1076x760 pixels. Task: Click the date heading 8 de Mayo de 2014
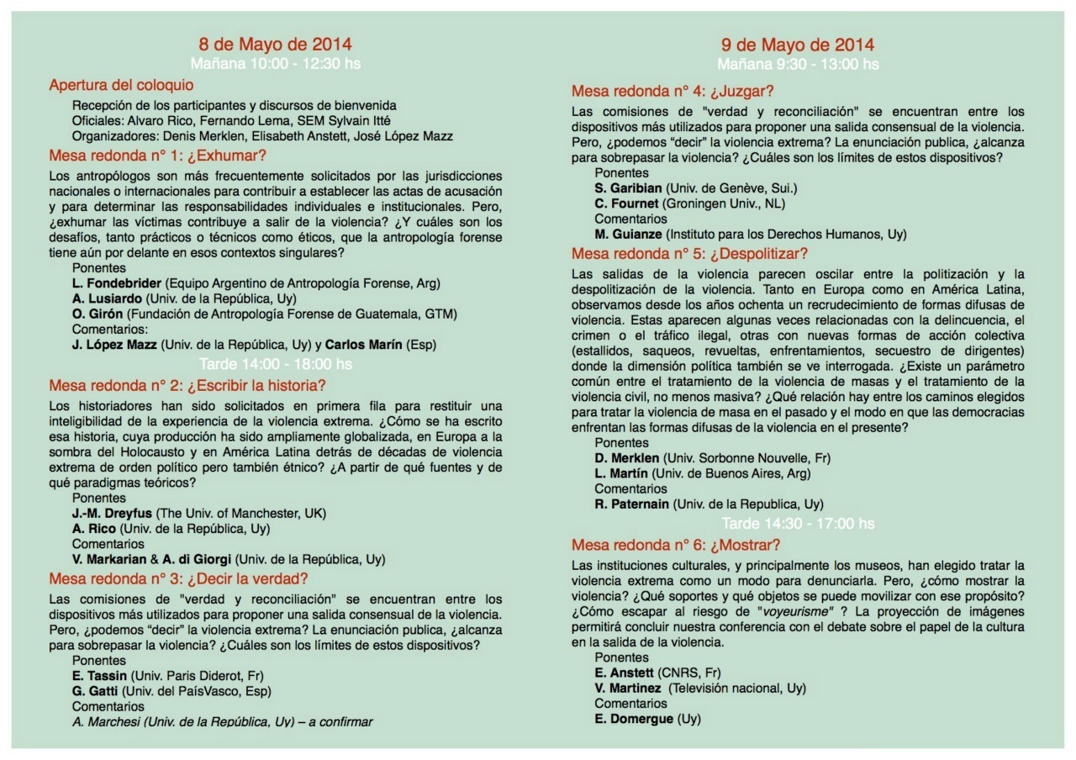point(275,45)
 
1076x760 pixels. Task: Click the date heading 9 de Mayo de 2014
point(798,45)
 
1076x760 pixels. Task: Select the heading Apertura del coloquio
point(121,85)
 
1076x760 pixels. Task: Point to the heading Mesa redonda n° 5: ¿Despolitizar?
point(688,254)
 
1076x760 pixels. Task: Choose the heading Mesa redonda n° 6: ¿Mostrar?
point(676,545)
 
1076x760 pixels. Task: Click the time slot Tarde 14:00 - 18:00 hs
point(275,364)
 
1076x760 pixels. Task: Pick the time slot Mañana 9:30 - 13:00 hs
point(798,64)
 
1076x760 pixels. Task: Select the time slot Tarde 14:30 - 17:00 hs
point(798,524)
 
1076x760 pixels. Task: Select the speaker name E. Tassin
point(99,676)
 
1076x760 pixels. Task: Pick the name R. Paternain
point(632,504)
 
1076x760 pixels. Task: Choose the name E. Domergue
point(634,719)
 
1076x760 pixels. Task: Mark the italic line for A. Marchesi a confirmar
point(222,721)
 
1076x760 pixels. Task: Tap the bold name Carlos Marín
point(363,345)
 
